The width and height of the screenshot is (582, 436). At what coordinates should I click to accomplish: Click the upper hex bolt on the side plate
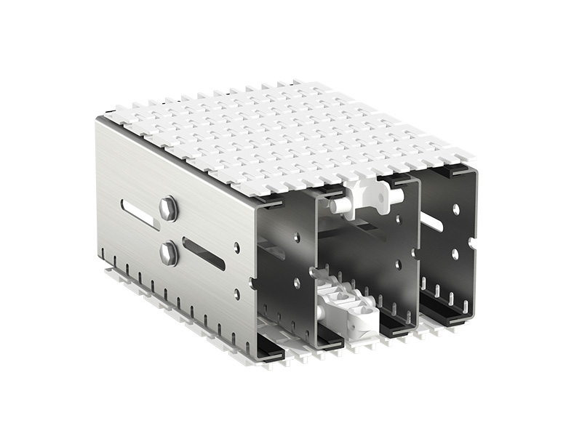coord(167,209)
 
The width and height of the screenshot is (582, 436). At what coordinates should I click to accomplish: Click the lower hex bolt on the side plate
coord(168,254)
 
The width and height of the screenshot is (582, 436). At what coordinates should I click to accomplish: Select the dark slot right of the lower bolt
coord(203,254)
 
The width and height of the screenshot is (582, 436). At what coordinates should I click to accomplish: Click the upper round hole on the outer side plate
coord(237,248)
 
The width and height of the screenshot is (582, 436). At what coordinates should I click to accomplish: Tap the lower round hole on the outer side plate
coord(237,294)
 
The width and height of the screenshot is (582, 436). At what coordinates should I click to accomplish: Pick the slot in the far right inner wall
coord(431,222)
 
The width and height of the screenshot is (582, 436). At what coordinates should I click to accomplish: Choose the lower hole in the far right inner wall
coord(455,254)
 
